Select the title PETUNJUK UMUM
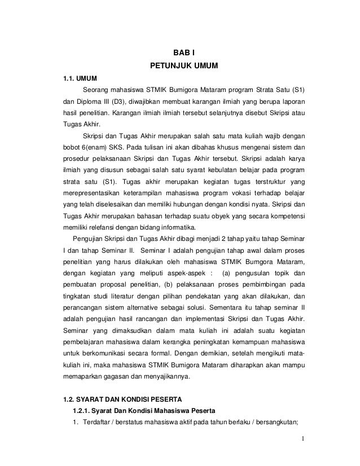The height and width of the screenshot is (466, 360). pyautogui.click(x=180, y=66)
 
